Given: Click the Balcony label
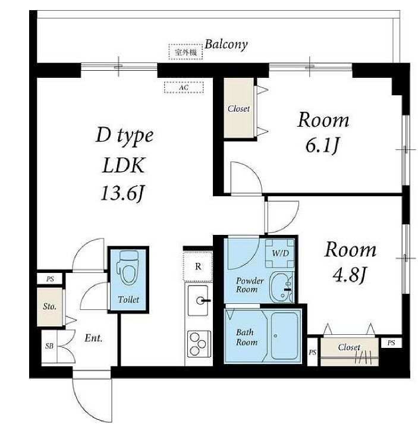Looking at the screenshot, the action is [226, 45].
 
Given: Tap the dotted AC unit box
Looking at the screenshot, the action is [184, 87].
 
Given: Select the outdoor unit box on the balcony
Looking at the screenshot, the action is [186, 52].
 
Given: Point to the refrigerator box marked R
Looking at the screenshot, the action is [198, 266].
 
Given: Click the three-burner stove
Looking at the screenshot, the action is [199, 344].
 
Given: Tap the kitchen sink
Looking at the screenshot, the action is [199, 301].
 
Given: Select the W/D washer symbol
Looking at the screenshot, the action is [280, 253].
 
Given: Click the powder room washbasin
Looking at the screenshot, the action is [282, 288].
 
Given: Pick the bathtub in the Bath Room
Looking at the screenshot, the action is [284, 336].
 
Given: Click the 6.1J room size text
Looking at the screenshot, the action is [322, 146].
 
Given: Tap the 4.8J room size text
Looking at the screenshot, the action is [349, 275].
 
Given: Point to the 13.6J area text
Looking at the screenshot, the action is [122, 193].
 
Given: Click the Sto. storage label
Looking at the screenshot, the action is [49, 307].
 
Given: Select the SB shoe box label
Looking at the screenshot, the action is [49, 346].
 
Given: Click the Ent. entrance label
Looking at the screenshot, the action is [93, 338].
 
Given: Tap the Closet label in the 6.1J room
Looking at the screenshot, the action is [238, 109].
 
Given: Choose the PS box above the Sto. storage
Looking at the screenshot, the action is [50, 279].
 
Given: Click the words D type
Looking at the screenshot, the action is [124, 136].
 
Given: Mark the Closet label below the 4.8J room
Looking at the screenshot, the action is [349, 347].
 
